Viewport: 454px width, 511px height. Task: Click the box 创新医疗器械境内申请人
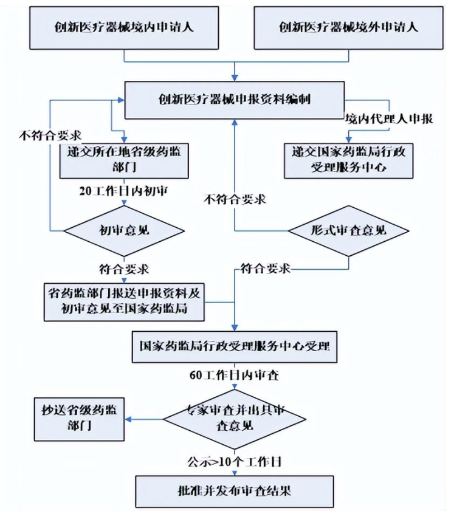click(x=124, y=28)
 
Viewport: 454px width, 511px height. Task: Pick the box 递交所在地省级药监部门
click(x=123, y=159)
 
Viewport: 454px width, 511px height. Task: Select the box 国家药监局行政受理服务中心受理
click(x=234, y=347)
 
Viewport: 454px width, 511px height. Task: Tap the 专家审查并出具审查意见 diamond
click(x=234, y=418)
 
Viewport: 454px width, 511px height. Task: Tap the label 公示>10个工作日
click(x=234, y=460)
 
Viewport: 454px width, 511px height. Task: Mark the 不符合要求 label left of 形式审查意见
click(x=235, y=199)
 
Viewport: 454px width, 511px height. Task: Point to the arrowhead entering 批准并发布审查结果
click(x=234, y=472)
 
